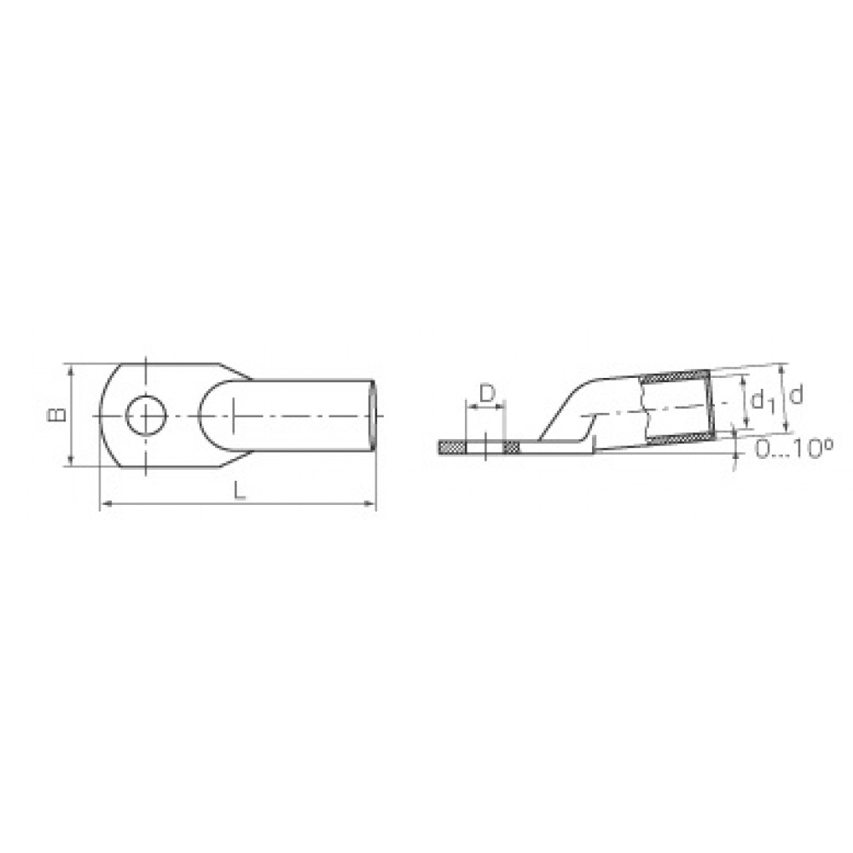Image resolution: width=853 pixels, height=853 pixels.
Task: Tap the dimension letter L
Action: (x=240, y=490)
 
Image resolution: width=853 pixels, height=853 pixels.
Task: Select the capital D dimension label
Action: (x=487, y=392)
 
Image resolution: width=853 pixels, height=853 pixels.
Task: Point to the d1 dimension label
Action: (x=763, y=402)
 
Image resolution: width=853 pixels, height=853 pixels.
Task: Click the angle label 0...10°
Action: (x=794, y=450)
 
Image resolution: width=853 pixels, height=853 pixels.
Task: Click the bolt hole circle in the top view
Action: (x=147, y=415)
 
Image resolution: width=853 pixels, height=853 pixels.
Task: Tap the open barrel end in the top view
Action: (x=374, y=415)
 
